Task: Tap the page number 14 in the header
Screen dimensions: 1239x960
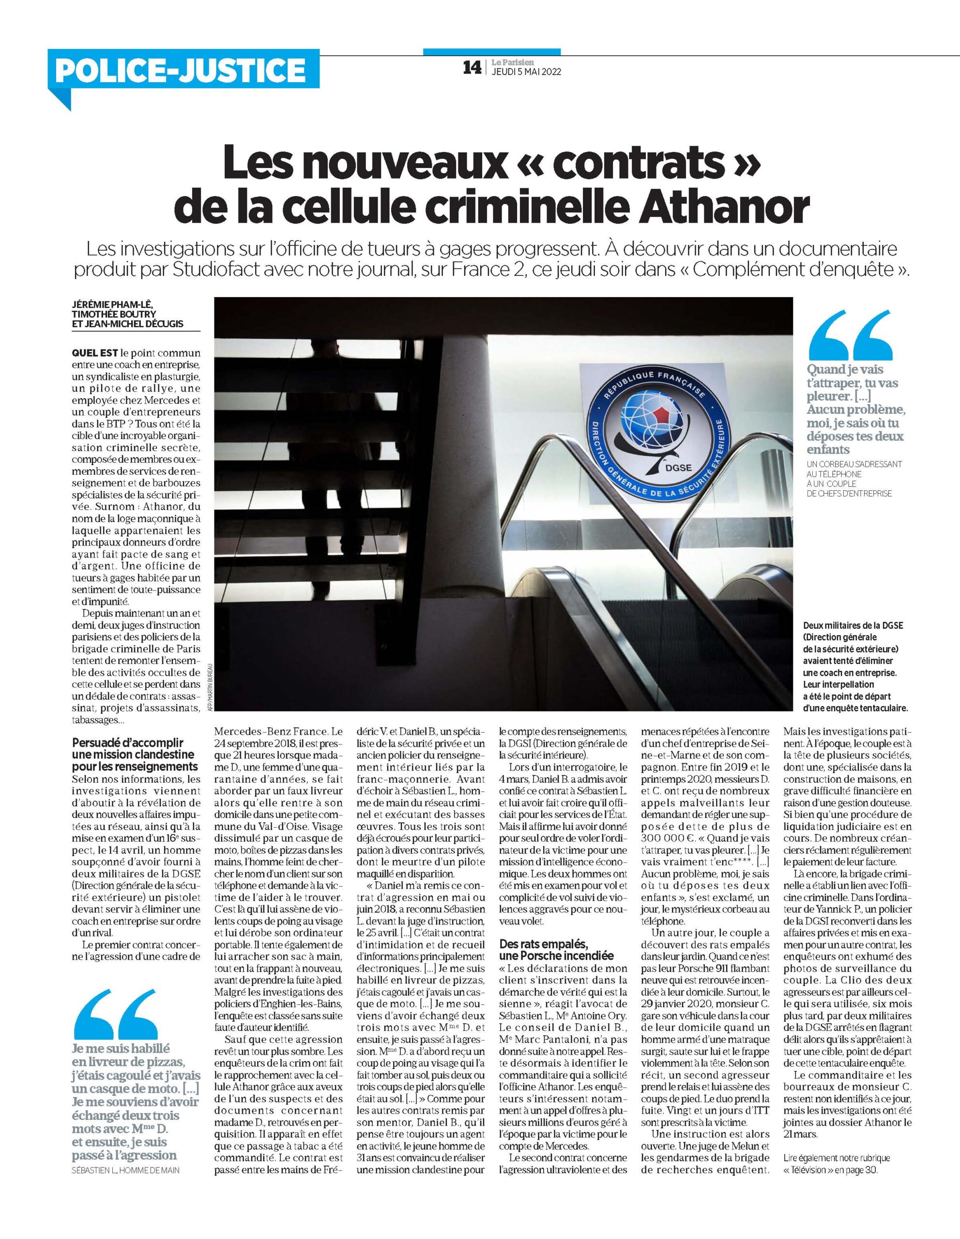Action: [x=472, y=67]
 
